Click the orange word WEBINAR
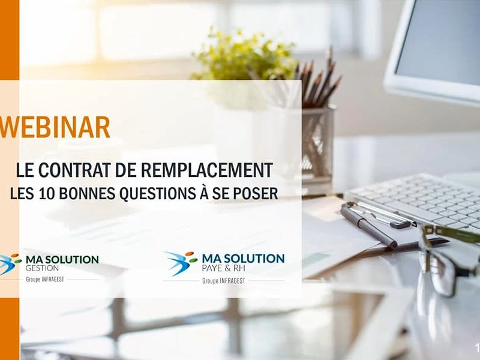click(55, 127)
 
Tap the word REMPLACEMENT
click(206, 170)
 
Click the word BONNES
click(86, 193)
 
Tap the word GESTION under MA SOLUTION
click(42, 268)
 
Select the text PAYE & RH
click(223, 268)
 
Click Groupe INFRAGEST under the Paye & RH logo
click(224, 281)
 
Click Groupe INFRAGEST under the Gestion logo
click(45, 279)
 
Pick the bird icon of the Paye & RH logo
click(181, 262)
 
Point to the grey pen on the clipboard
click(368, 226)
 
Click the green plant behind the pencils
click(245, 56)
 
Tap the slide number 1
click(477, 347)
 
